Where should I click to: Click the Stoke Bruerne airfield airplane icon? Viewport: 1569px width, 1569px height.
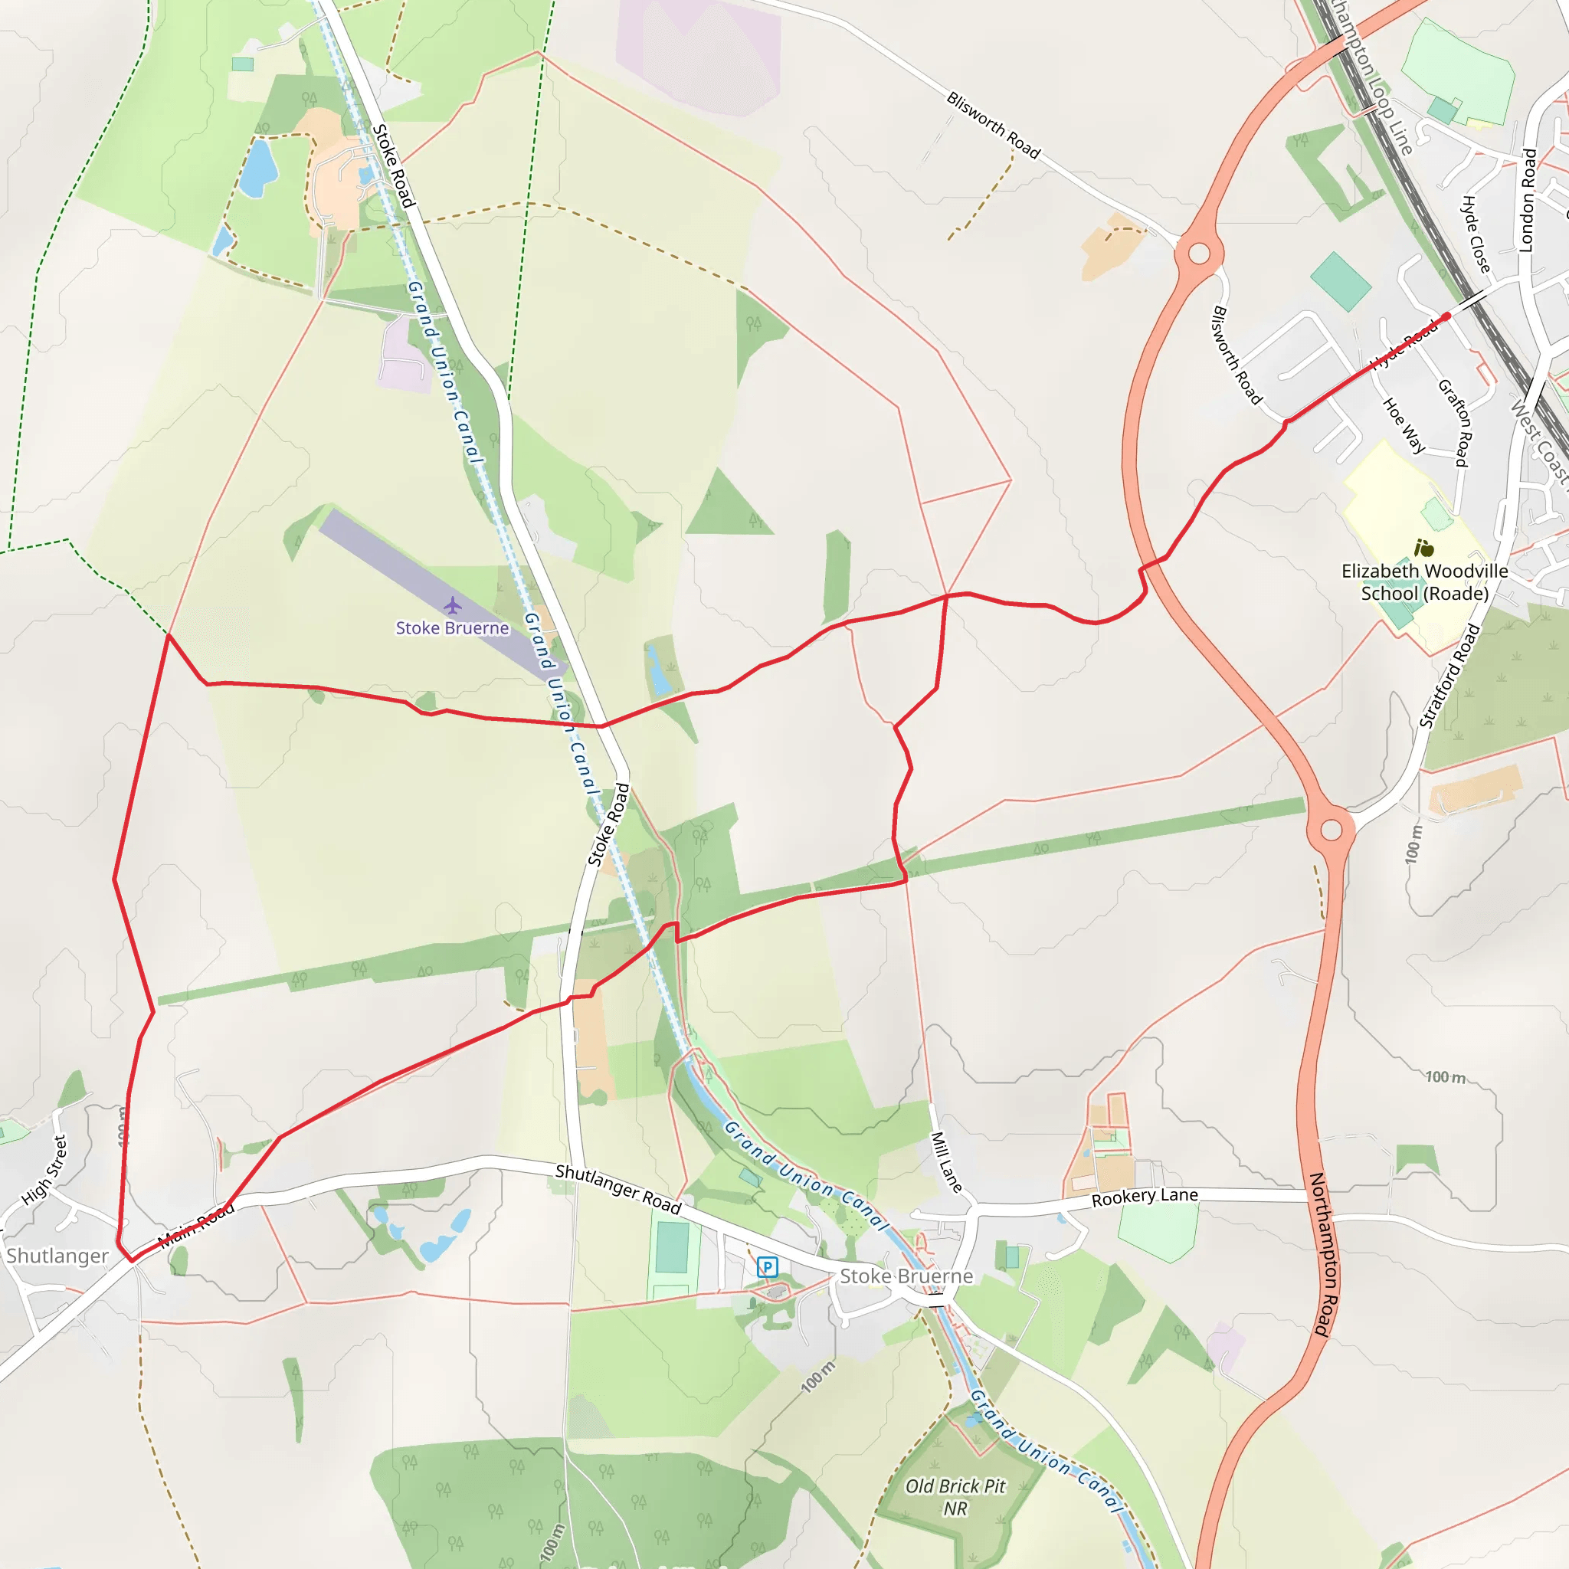pos(452,606)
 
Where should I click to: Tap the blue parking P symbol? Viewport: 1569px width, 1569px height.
pos(768,1266)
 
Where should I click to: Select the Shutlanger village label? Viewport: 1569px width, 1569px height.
pos(57,1256)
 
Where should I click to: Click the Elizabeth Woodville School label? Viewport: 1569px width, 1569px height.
pos(1424,582)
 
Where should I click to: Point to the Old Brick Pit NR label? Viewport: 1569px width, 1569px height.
pos(955,1497)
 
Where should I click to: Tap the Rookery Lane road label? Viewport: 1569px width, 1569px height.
pos(1145,1197)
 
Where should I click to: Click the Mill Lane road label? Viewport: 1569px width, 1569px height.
pos(946,1162)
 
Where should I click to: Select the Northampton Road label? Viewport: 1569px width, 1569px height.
pos(1323,1254)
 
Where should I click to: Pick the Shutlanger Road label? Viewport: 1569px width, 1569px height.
pos(618,1190)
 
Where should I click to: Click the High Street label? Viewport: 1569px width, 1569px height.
pos(44,1169)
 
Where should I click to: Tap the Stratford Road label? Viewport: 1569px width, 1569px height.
pos(1449,676)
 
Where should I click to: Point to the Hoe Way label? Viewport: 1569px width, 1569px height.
pos(1404,424)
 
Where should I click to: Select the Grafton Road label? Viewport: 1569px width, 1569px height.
pos(1455,422)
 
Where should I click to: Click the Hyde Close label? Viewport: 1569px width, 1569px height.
pos(1476,234)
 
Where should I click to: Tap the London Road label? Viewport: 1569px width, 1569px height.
pos(1528,200)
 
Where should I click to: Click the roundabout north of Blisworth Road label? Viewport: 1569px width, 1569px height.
pos(1199,254)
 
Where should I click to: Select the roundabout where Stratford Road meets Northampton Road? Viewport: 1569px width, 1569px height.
pos(1331,829)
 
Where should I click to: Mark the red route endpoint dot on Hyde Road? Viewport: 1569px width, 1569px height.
pos(1446,316)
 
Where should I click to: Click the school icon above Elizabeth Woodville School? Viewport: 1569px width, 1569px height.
pos(1423,549)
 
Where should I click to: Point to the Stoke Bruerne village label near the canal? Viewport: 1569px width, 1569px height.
pos(906,1276)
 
